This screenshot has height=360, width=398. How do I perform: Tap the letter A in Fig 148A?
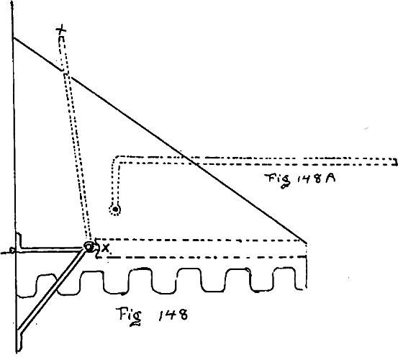[x=329, y=179]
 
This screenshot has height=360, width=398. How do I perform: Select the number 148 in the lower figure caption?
[x=173, y=315]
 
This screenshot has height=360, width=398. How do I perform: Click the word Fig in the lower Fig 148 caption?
[x=129, y=316]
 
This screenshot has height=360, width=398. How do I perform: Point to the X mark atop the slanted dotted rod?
[x=61, y=30]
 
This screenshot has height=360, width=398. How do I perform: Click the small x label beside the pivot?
[x=105, y=248]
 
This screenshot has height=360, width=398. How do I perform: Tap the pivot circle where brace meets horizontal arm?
[x=89, y=247]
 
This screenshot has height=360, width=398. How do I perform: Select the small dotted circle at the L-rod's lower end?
[x=115, y=210]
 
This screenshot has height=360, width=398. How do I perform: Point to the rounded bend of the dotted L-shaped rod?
[x=114, y=159]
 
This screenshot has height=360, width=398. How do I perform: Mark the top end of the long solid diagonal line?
[x=14, y=38]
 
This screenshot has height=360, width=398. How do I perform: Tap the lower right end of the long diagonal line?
[x=307, y=242]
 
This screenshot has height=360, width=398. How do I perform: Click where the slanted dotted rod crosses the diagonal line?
[x=65, y=73]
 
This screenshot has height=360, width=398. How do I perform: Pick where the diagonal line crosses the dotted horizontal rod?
[x=191, y=161]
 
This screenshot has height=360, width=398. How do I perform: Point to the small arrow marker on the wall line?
[x=12, y=251]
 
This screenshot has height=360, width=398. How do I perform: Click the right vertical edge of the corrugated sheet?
[x=307, y=272]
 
